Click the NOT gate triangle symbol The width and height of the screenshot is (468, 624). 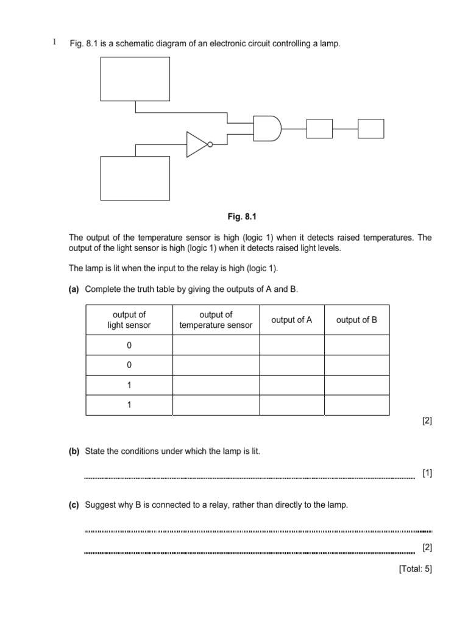pos(197,144)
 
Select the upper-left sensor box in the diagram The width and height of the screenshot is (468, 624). pos(135,79)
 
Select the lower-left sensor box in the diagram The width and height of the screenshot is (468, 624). pos(135,178)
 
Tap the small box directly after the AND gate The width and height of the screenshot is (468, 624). pos(319,129)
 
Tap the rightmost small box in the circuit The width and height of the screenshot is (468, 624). pos(370,129)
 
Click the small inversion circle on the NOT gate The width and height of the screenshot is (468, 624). pos(210,145)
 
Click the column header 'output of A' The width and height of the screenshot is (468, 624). pos(291,320)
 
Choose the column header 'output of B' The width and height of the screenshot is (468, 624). pos(356,320)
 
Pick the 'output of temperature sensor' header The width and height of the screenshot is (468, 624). pos(216,320)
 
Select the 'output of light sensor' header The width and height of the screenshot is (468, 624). pos(129,320)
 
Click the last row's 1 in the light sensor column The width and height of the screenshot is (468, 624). pos(129,405)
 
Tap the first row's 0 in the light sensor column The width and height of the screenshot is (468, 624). pos(129,346)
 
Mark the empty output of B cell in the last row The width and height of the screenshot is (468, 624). pos(356,405)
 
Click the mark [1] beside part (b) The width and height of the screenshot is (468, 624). pos(427,473)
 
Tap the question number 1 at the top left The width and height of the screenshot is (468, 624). pos(54,42)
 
